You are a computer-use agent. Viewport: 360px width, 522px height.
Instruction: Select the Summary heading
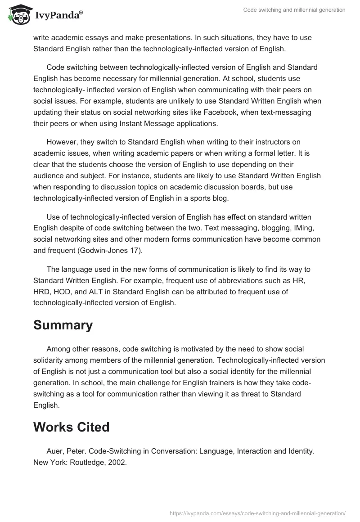(x=63, y=325)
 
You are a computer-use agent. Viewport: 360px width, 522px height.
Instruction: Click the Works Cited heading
(x=71, y=427)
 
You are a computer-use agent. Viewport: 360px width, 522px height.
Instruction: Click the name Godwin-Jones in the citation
(x=102, y=251)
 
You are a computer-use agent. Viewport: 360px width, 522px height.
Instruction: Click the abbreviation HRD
(x=43, y=292)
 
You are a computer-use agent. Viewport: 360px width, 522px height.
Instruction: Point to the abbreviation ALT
(x=101, y=292)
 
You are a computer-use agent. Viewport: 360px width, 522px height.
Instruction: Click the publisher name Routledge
(x=87, y=461)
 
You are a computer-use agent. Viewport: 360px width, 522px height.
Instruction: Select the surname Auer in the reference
(x=55, y=450)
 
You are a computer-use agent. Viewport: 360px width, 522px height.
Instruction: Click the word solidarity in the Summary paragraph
(x=51, y=360)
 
